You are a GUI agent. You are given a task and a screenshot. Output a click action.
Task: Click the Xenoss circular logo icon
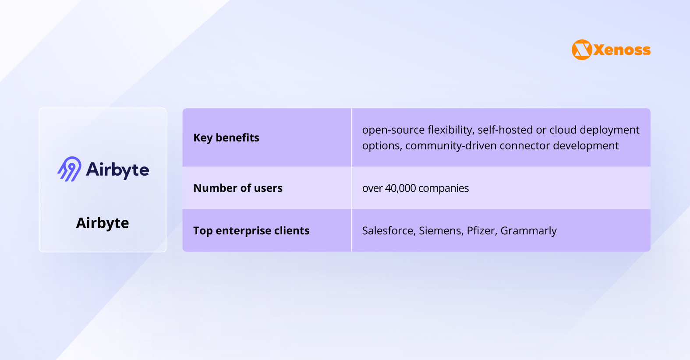coord(582,50)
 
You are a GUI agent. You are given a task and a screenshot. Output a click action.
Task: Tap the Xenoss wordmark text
coord(622,50)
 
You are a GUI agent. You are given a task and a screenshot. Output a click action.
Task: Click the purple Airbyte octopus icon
coord(69,169)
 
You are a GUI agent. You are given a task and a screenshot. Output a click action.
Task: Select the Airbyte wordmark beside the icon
coord(117,170)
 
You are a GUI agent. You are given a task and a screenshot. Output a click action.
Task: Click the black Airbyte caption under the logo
coord(103,223)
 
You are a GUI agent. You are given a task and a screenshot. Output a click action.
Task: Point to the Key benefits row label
coord(226,138)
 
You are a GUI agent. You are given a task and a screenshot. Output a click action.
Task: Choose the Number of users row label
coord(238,188)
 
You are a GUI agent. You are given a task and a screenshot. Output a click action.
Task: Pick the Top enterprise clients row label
coord(251,230)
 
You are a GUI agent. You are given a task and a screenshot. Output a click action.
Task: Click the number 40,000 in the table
coord(400,188)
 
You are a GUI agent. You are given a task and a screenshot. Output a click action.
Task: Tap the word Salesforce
coord(387,230)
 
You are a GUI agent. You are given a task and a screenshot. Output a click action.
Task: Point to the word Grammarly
coord(528,231)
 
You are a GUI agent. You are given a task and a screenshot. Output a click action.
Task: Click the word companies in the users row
coord(443,188)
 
